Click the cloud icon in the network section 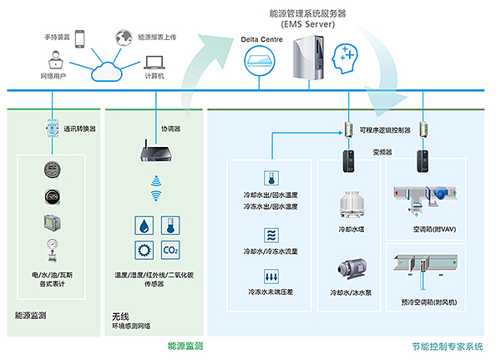(x=106, y=69)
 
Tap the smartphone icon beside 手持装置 (x=80, y=38)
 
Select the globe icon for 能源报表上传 (x=124, y=38)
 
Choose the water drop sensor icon (x=142, y=224)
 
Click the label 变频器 (x=383, y=152)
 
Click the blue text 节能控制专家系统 (x=448, y=346)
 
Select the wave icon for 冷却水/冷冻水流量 (x=271, y=233)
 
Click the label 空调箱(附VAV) (x=433, y=227)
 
